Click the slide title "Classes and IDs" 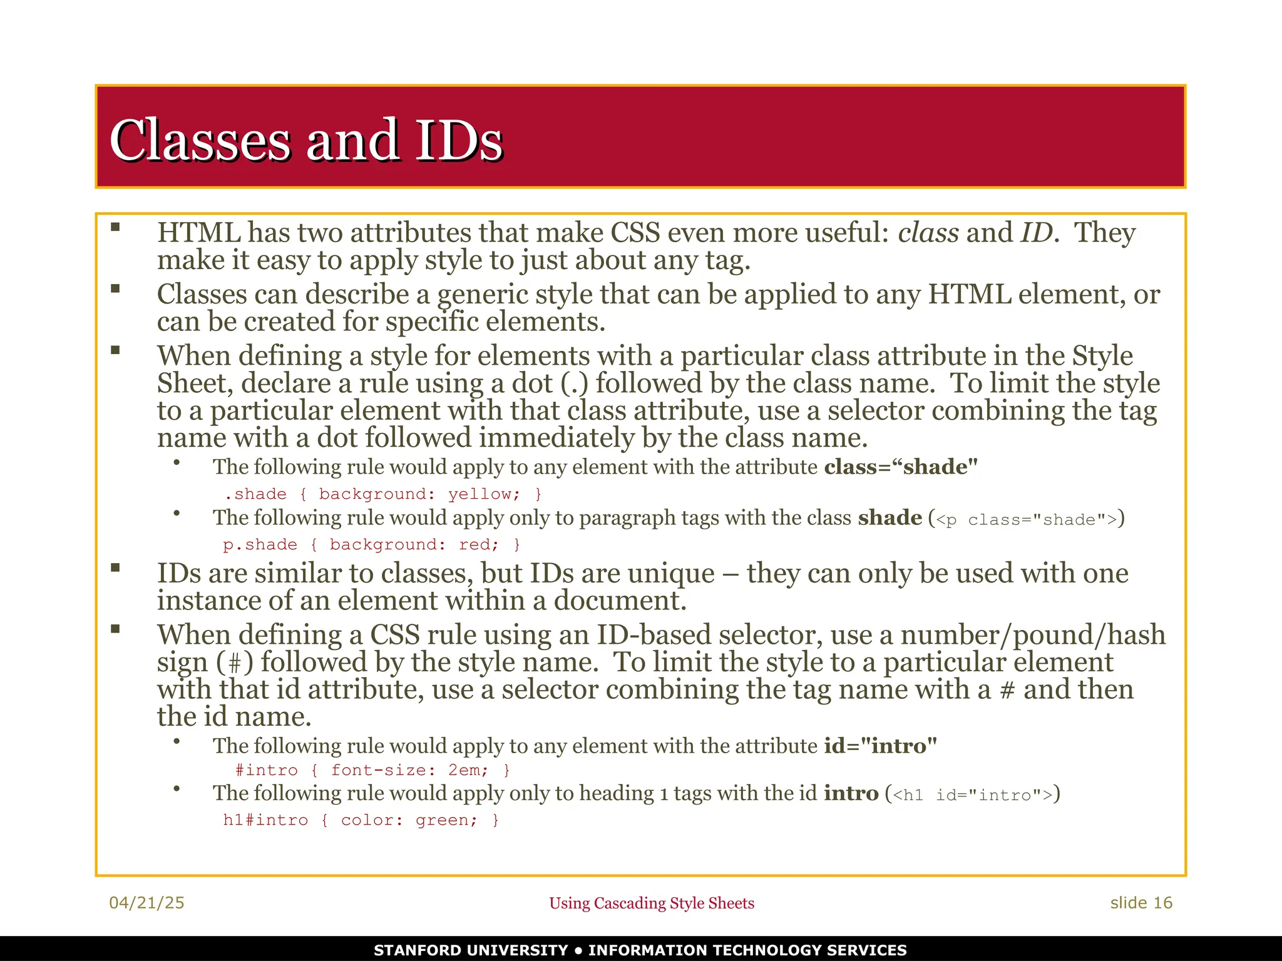point(306,140)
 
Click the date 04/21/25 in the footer point(146,902)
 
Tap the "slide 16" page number point(1141,902)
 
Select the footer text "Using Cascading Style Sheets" point(651,903)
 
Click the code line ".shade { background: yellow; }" point(383,494)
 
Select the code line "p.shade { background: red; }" point(371,544)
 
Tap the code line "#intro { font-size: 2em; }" point(372,770)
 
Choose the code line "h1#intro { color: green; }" point(361,820)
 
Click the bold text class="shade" point(900,467)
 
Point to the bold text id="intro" point(880,746)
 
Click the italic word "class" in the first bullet point(928,233)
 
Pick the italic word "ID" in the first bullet point(1037,233)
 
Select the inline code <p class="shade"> point(1026,519)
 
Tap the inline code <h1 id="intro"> point(972,795)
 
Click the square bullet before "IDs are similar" point(115,568)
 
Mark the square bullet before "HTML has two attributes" point(115,228)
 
